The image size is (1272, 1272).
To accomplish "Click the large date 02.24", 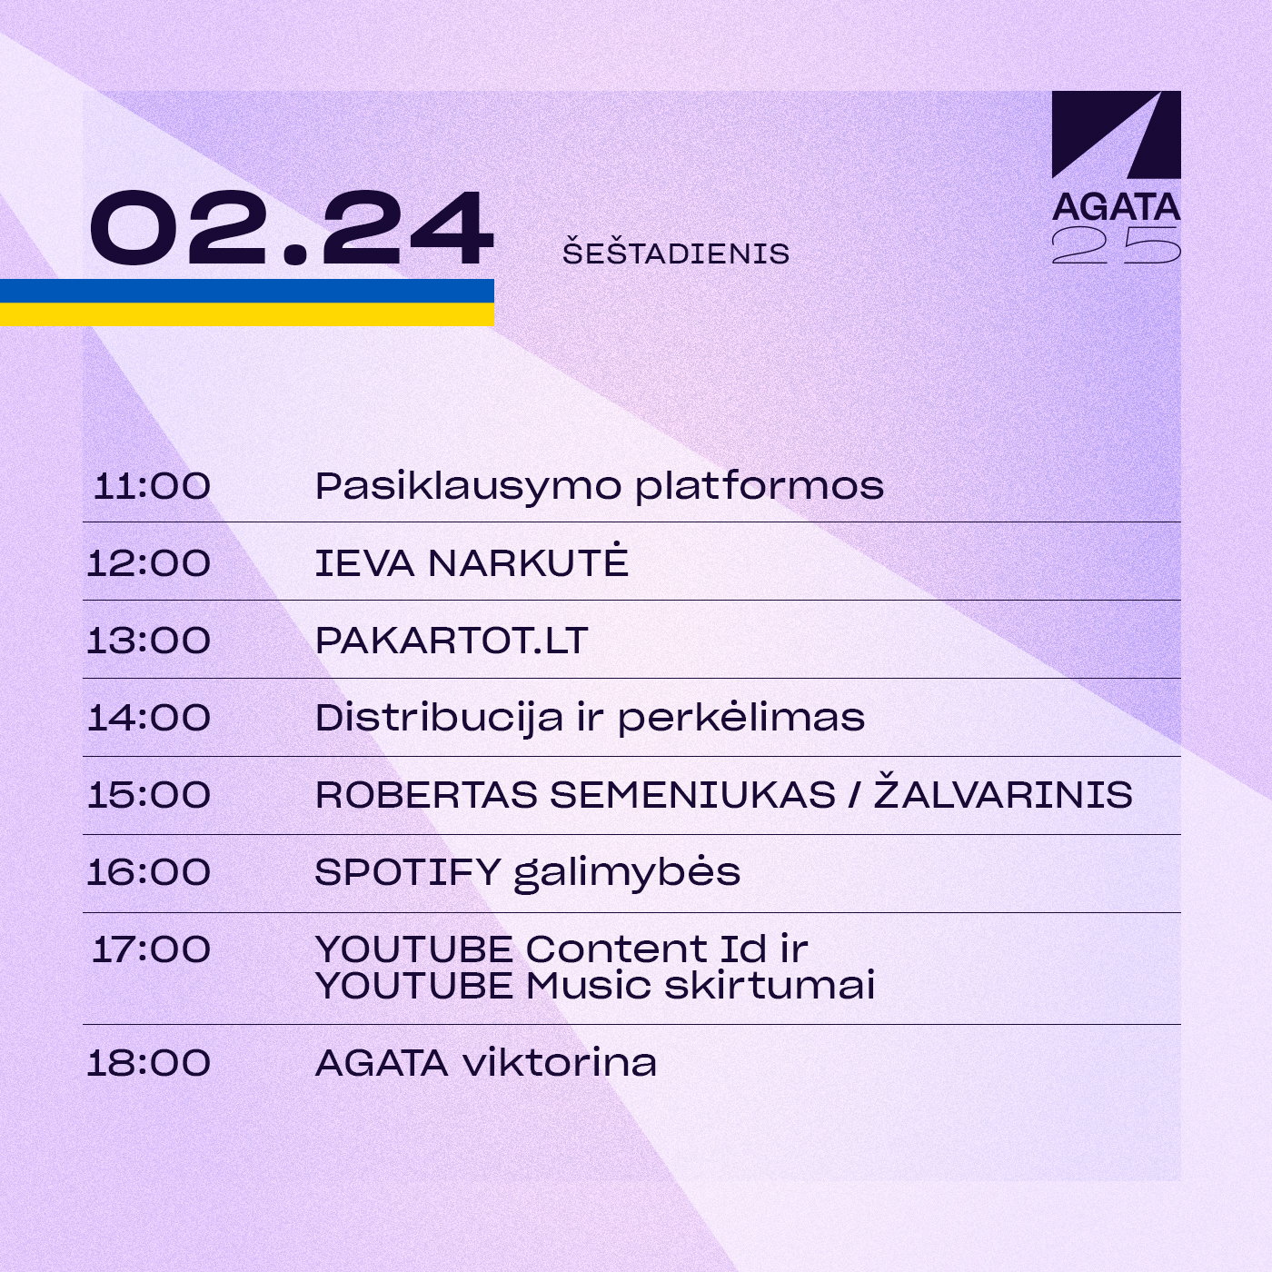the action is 292,228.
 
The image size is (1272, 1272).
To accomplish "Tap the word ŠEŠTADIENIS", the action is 676,253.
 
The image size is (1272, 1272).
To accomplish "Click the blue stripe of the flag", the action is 247,291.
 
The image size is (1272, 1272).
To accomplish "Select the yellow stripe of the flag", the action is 247,314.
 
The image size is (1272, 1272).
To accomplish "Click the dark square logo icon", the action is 1117,134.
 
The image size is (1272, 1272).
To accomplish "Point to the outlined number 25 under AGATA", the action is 1117,245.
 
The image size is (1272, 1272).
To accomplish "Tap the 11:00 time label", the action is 152,486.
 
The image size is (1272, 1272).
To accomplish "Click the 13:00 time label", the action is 148,641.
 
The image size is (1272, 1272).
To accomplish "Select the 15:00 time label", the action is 148,794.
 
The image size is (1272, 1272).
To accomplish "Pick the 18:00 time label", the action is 148,1063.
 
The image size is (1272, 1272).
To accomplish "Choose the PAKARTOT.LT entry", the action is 452,641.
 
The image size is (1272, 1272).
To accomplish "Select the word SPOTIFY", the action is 408,872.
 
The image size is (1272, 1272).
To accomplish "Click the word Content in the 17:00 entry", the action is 617,949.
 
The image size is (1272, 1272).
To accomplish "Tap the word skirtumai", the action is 770,986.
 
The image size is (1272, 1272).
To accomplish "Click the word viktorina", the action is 559,1063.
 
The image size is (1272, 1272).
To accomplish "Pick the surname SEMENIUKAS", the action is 692,794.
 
